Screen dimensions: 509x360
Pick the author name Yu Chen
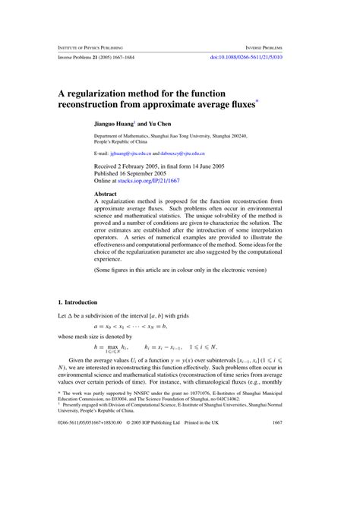point(161,122)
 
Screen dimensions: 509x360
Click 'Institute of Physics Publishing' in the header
point(90,46)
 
